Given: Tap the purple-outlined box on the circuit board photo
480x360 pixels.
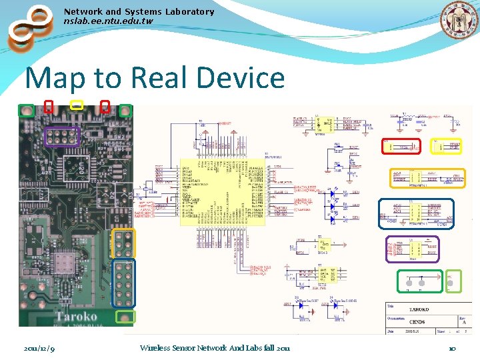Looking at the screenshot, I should tap(61, 137).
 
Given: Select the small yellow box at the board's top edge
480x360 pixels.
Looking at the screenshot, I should tap(77, 105).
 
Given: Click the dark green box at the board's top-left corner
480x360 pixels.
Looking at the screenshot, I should tap(26, 111).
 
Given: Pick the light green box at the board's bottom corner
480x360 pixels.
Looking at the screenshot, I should tap(125, 317).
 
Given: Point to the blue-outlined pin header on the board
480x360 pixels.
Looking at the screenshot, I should tap(125, 283).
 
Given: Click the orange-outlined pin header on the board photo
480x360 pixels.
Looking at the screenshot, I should tap(124, 243).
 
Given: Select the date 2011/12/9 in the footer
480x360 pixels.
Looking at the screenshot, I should tap(39, 348).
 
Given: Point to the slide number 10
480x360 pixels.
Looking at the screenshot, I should tap(451, 348).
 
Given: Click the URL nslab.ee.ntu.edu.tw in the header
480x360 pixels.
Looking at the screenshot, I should tap(108, 21).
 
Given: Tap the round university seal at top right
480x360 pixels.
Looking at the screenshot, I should tap(459, 21).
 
